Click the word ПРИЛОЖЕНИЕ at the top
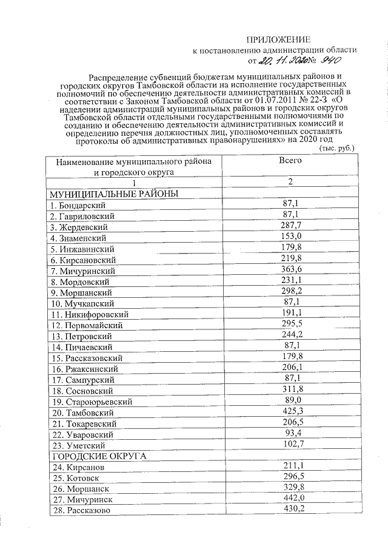283,38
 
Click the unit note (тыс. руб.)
336,148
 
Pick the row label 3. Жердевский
81,227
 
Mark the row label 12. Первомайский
87,325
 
